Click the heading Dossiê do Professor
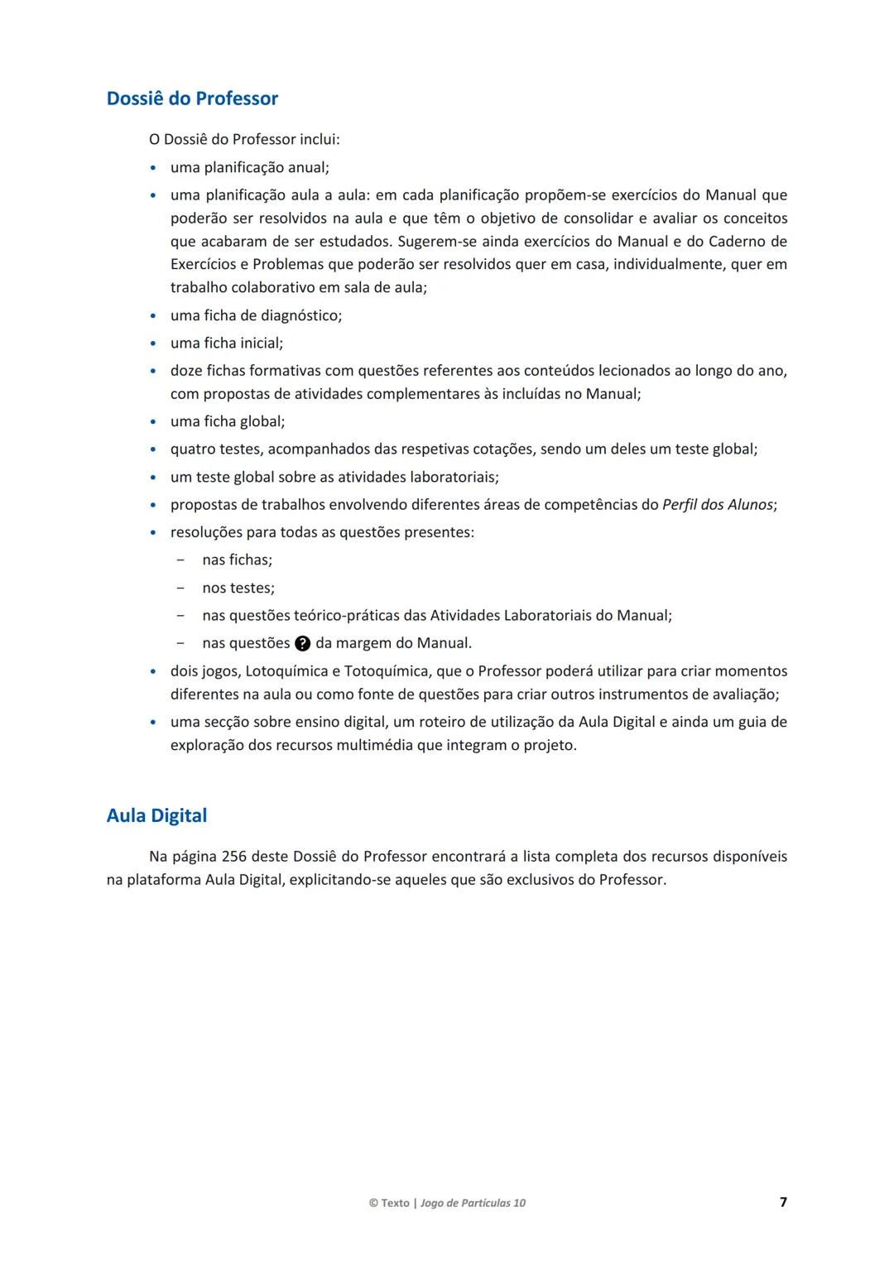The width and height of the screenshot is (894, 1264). click(x=192, y=99)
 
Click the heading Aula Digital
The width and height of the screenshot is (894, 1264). click(x=156, y=815)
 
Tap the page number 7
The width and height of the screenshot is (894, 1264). click(x=783, y=1202)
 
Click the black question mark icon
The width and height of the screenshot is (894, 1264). click(x=303, y=643)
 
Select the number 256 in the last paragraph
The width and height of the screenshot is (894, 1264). click(x=234, y=856)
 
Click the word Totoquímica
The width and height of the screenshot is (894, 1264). click(x=386, y=670)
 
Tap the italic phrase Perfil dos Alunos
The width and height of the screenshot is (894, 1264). click(x=718, y=504)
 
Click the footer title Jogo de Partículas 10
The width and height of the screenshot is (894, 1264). click(x=473, y=1203)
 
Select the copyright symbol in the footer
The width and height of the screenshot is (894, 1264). click(x=373, y=1203)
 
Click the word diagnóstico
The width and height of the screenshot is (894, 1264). click(x=300, y=315)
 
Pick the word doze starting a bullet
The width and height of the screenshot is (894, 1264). click(x=186, y=371)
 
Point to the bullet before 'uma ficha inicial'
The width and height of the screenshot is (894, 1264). click(x=153, y=344)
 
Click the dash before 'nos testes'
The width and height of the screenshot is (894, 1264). click(x=180, y=588)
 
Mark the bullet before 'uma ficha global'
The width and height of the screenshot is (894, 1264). click(x=153, y=422)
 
